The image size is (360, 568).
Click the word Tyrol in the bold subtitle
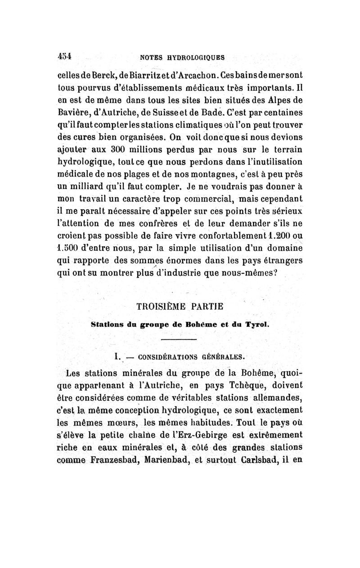[256, 324]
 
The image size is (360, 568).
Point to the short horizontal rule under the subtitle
[179, 339]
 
